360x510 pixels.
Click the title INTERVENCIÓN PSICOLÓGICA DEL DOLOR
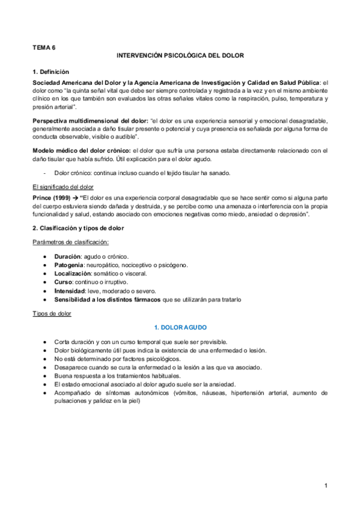(180, 55)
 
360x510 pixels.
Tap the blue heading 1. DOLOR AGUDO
(180, 327)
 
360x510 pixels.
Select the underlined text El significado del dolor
(63, 187)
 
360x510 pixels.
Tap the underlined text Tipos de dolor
(52, 314)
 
